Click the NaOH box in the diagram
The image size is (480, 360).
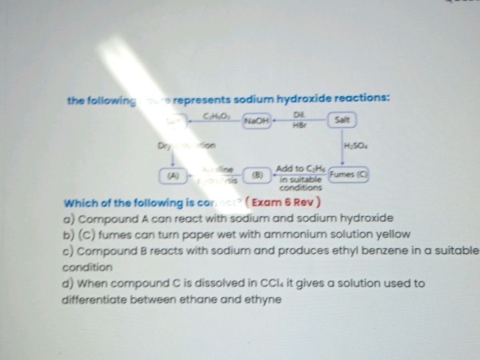pos(257,120)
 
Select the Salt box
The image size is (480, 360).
pos(342,120)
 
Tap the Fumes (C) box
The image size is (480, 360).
pos(349,174)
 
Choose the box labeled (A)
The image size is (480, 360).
pos(173,175)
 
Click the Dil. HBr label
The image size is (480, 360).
pos(299,120)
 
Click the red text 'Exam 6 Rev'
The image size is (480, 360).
pos(287,202)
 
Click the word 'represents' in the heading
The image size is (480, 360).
pos(201,100)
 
